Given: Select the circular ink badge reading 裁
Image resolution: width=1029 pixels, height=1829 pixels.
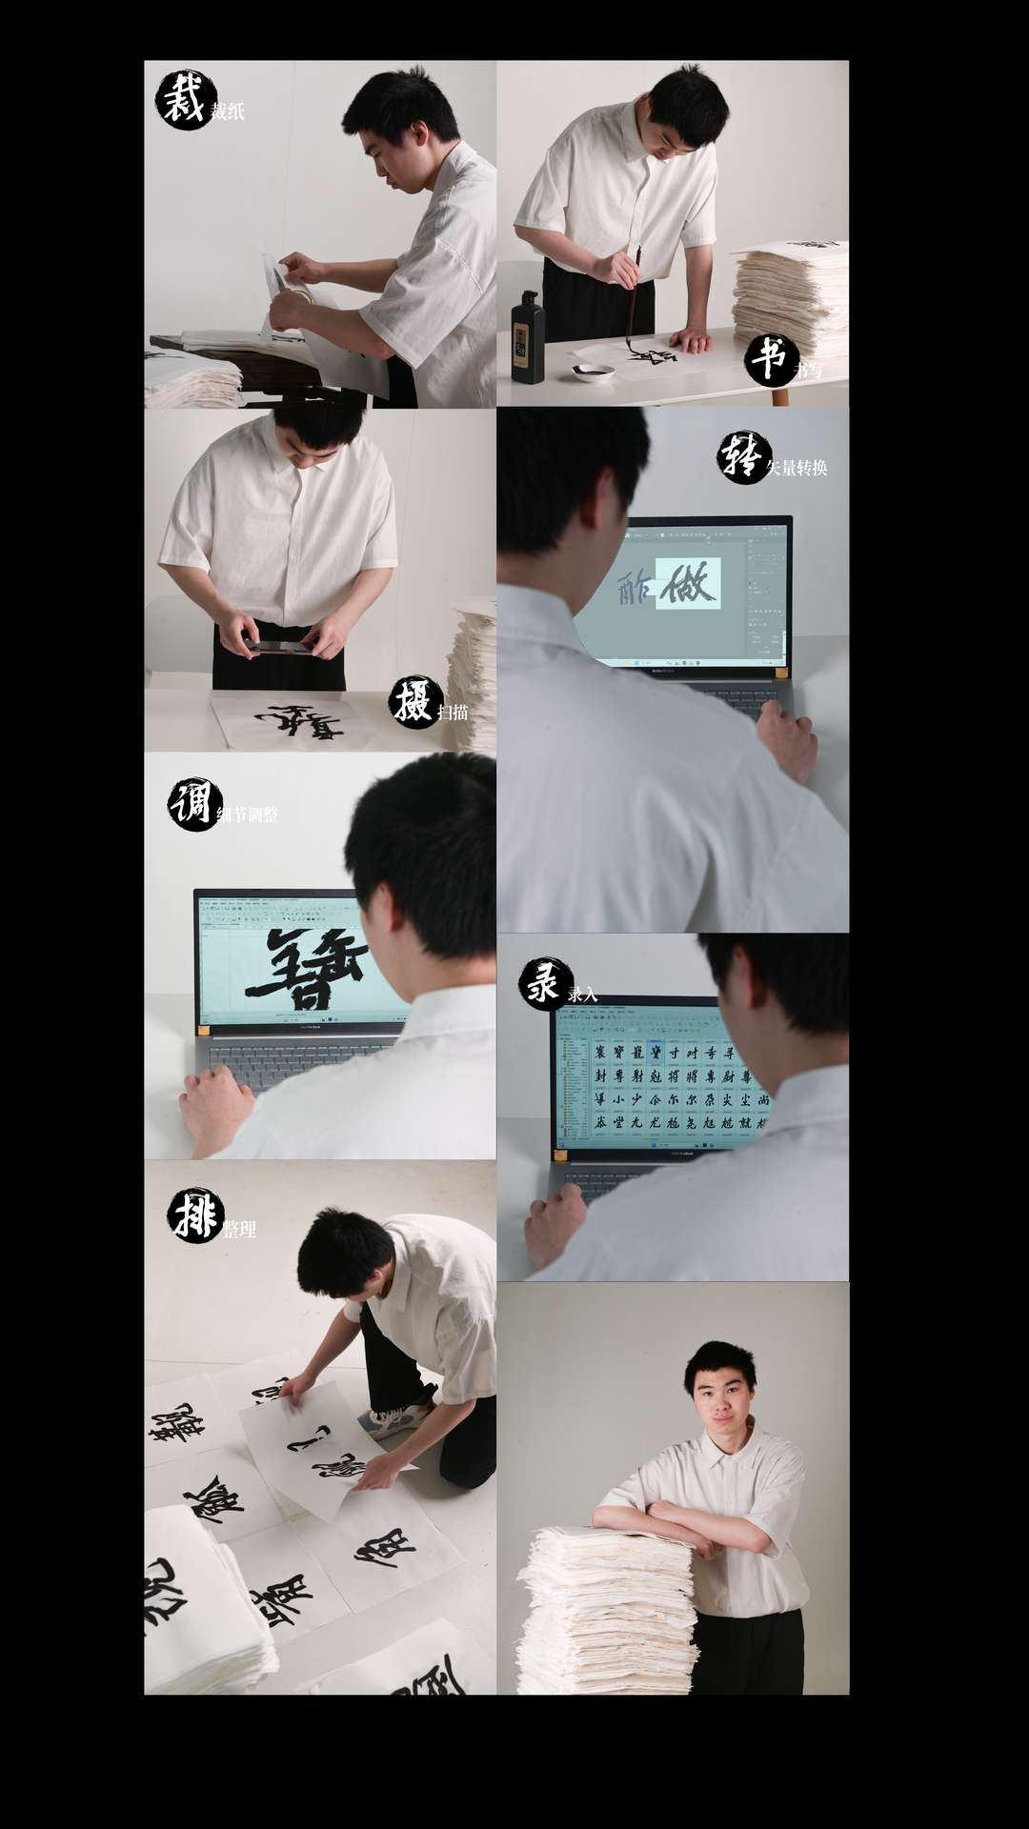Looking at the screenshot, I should click(184, 100).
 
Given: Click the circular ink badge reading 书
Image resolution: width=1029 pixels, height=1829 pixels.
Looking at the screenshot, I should click(770, 360).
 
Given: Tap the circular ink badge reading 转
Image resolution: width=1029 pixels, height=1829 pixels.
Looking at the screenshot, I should click(742, 457).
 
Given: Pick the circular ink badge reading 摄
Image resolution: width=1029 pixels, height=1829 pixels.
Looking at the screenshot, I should click(414, 703).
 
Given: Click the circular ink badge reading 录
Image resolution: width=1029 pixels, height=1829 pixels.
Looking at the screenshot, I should click(545, 984).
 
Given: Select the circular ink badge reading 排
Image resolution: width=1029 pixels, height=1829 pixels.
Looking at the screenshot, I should click(195, 1216).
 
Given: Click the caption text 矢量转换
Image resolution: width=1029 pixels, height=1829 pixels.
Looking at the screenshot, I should click(797, 468).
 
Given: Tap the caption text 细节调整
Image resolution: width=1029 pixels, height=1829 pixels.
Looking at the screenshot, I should click(248, 815).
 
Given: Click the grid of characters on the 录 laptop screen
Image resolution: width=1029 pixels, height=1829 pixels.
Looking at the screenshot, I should click(667, 1086).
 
